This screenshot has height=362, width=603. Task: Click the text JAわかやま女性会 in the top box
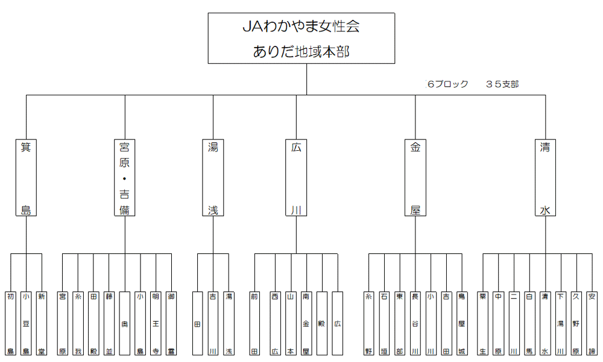(x=301, y=27)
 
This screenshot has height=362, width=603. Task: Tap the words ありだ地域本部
(x=301, y=52)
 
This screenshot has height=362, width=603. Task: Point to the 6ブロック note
(x=447, y=84)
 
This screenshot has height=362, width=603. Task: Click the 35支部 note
(x=502, y=84)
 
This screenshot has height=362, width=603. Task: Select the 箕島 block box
(x=26, y=178)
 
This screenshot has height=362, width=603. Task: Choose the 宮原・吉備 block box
(x=125, y=178)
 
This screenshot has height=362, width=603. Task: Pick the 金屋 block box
(x=415, y=178)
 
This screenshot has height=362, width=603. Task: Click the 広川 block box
(x=296, y=178)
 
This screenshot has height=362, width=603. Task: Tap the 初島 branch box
(x=11, y=323)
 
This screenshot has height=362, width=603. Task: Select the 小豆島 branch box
(x=26, y=323)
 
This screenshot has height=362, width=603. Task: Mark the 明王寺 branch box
(x=156, y=323)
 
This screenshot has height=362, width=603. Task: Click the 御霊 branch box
(x=172, y=323)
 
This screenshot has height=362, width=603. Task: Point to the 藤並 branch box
(x=109, y=323)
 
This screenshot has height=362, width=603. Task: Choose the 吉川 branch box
(x=213, y=323)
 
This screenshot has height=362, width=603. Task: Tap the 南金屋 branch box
(x=306, y=323)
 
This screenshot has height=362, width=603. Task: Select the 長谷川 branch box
(x=415, y=323)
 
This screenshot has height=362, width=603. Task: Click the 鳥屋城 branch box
(x=462, y=323)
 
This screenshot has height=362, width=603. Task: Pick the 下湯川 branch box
(x=561, y=323)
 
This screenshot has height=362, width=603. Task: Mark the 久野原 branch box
(x=576, y=323)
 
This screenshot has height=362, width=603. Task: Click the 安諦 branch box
(x=592, y=323)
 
